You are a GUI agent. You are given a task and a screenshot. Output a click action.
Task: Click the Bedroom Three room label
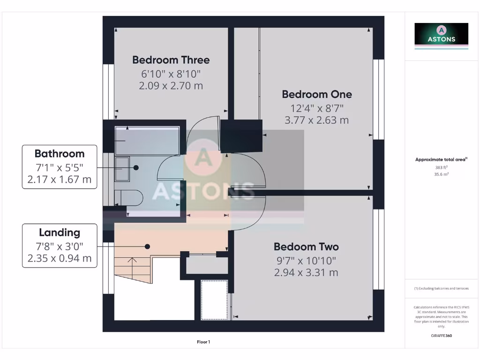(x=171, y=60)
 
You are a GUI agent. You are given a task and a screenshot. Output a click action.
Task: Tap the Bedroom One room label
(x=316, y=94)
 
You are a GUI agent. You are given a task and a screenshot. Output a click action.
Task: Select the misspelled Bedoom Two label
(x=306, y=247)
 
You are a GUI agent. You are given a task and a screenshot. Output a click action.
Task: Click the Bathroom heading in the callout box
(x=60, y=154)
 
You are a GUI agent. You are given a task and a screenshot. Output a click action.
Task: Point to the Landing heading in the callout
(x=60, y=232)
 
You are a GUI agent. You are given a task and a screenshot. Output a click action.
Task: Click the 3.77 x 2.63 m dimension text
(x=316, y=120)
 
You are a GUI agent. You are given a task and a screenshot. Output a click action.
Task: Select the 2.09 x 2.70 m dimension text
(x=171, y=86)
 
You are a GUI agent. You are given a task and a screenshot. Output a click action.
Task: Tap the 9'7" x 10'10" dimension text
(x=306, y=261)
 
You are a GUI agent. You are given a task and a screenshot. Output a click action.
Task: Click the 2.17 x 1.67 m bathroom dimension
(x=60, y=180)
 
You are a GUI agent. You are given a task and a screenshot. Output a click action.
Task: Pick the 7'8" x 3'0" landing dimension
(x=60, y=246)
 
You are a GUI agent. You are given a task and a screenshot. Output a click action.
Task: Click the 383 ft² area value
(x=441, y=167)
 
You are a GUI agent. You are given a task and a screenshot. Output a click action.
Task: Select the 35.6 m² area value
(x=441, y=174)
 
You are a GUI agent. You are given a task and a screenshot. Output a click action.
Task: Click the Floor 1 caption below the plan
(x=203, y=342)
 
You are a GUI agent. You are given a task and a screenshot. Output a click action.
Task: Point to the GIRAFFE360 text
(x=441, y=336)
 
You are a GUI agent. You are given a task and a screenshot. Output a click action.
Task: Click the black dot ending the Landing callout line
(x=147, y=246)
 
